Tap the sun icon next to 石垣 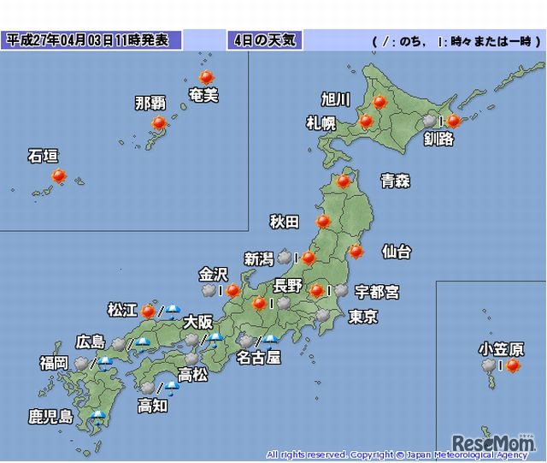click(x=58, y=176)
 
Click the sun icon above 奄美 click(x=205, y=77)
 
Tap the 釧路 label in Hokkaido click(x=438, y=139)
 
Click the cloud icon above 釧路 click(x=430, y=122)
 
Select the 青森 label click(x=396, y=181)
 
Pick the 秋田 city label click(x=285, y=223)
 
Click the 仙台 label click(x=396, y=252)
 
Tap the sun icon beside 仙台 click(x=356, y=252)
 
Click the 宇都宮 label click(x=377, y=292)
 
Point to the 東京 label click(x=363, y=316)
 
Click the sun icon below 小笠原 click(x=513, y=366)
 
